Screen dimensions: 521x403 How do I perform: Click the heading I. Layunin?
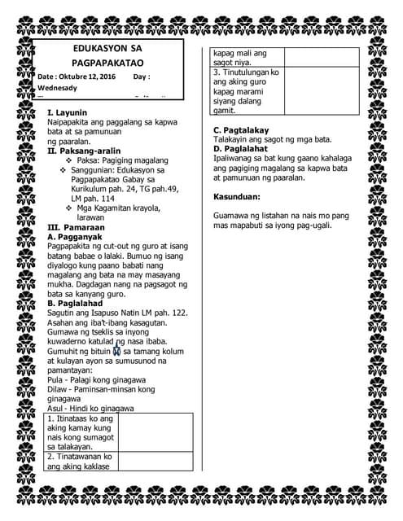pos(68,112)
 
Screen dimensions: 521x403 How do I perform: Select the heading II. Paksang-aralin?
pos(84,151)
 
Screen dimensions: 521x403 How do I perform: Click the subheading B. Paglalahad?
pos(77,303)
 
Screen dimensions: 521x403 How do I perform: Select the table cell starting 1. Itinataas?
pos(80,432)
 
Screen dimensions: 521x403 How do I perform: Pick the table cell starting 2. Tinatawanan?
pos(80,462)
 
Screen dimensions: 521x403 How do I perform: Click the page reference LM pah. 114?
pos(94,198)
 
